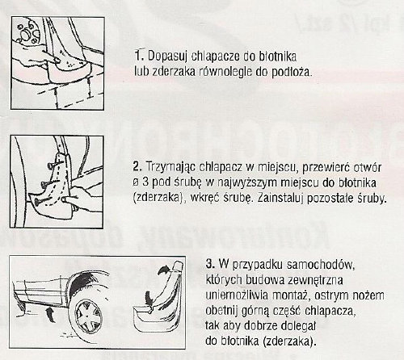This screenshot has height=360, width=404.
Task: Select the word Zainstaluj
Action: (x=267, y=199)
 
